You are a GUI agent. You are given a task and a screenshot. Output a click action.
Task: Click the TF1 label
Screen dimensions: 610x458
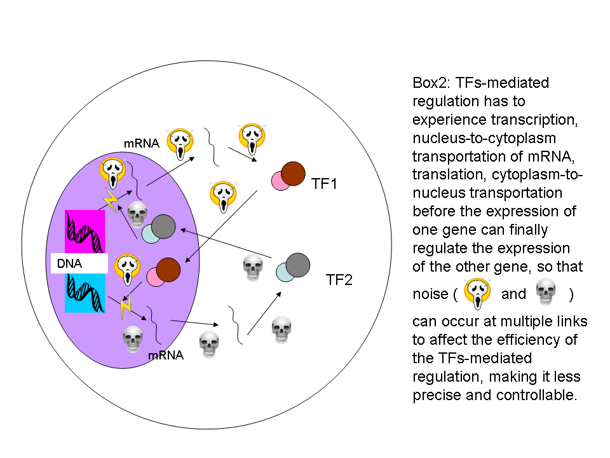click(324, 184)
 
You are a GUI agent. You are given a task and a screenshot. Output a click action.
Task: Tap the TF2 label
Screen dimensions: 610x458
click(339, 280)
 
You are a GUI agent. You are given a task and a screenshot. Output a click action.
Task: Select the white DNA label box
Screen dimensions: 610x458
click(79, 263)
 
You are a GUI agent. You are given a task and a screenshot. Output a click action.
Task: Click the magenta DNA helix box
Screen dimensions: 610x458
click(85, 232)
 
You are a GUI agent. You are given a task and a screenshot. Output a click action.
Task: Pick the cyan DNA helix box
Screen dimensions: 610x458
click(85, 293)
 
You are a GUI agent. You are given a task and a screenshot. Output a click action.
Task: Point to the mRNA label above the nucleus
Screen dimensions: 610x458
click(142, 143)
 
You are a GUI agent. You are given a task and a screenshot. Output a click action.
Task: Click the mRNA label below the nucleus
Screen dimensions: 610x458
click(166, 355)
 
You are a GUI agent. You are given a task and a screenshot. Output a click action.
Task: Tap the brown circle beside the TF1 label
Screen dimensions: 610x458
click(293, 174)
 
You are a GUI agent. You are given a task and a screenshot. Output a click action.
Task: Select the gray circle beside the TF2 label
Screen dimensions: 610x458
click(297, 265)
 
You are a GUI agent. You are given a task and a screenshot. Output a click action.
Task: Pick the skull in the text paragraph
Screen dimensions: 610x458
click(546, 291)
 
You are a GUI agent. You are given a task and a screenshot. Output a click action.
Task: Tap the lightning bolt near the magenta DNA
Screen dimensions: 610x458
click(111, 200)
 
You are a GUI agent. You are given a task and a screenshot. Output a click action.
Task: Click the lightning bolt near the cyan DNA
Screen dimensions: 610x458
click(126, 306)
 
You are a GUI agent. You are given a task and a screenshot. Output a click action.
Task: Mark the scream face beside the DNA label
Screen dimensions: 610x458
click(127, 270)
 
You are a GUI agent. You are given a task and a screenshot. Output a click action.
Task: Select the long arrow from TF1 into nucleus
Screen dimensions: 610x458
click(220, 226)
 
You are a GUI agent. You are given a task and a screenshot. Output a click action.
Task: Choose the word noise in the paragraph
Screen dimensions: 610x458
click(431, 294)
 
